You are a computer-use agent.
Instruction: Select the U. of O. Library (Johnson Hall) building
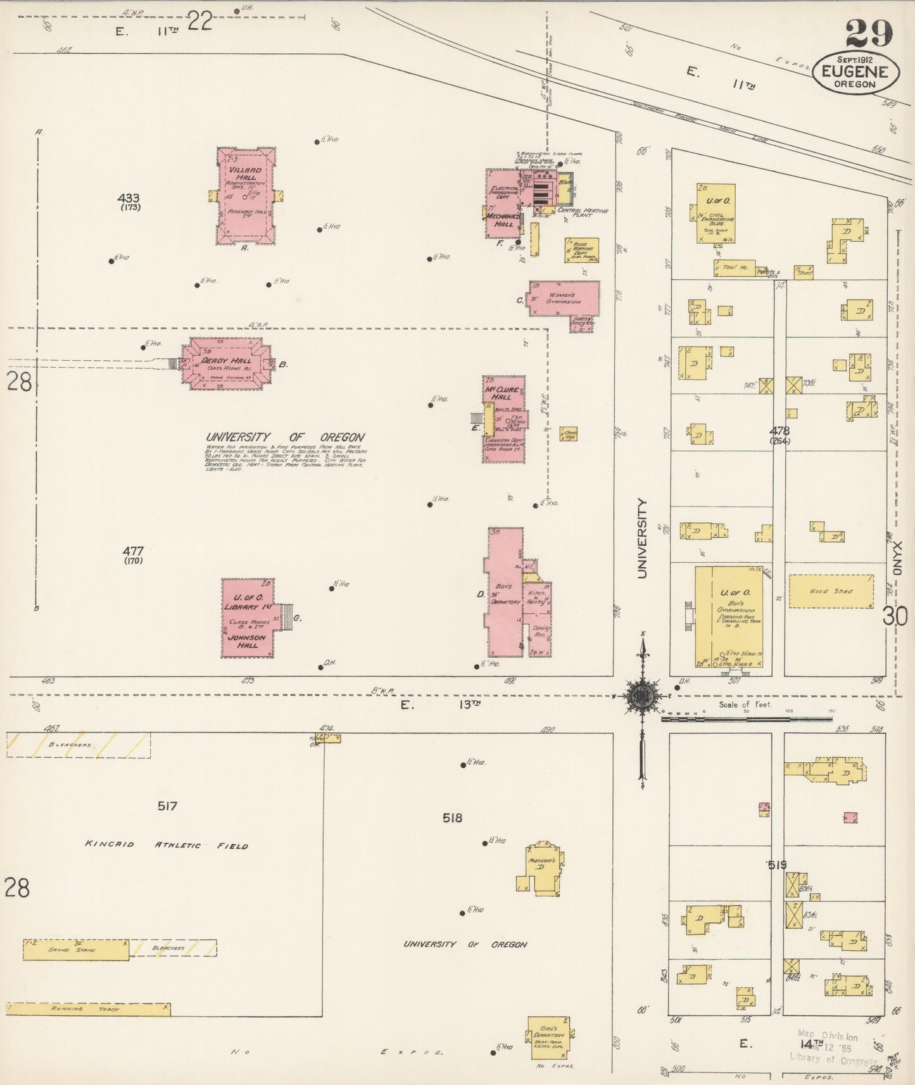tap(248, 618)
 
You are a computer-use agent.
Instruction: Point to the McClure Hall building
tap(504, 418)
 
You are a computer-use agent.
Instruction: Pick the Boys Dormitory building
tap(505, 593)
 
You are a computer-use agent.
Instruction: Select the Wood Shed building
tap(831, 591)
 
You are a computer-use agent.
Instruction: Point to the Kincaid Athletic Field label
tap(167, 845)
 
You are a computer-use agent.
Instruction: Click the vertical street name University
tap(643, 538)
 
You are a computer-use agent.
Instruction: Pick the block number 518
tap(452, 818)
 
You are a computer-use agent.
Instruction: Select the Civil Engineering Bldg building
tap(716, 213)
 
